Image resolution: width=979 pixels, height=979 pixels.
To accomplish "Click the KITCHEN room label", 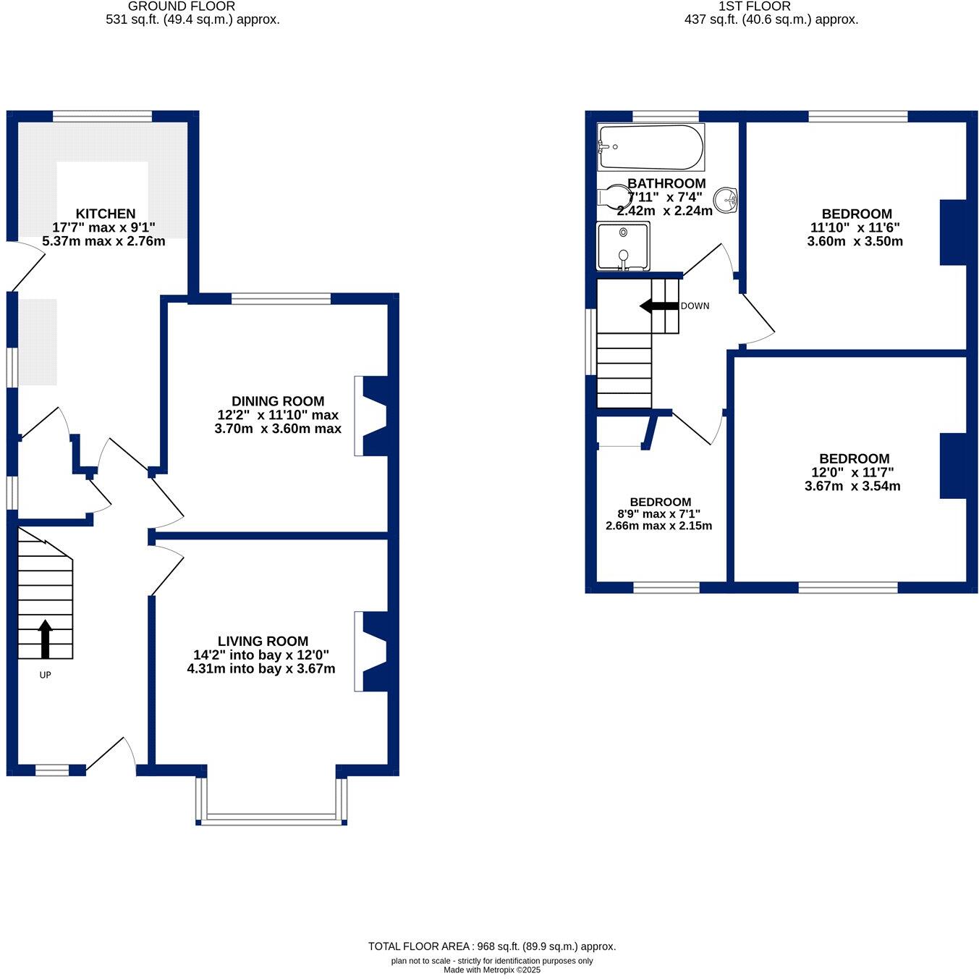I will click(106, 214).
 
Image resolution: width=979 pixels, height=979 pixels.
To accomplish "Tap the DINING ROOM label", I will click(278, 401).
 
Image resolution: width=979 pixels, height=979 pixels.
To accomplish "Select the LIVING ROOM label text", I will click(263, 641).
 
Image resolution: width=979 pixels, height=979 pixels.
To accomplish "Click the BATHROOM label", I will click(666, 183).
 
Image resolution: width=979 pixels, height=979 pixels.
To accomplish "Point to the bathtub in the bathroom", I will click(650, 147).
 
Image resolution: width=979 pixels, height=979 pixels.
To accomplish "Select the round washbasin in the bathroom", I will click(725, 198).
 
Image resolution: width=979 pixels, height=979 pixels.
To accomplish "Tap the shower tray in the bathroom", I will click(623, 246).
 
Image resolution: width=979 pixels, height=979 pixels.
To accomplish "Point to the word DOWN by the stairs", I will click(695, 306).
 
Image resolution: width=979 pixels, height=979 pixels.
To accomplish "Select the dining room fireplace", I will click(372, 416).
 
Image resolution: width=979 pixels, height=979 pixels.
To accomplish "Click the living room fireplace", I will click(372, 652).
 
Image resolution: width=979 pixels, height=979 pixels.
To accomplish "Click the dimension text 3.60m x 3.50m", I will click(855, 241).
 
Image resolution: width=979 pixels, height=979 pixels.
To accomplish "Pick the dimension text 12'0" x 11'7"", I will click(852, 472).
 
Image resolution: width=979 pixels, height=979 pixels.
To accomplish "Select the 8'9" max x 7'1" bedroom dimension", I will click(658, 513).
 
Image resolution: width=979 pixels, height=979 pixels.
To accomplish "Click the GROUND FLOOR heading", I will click(182, 6).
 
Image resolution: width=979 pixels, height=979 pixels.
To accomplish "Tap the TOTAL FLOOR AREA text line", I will click(492, 946).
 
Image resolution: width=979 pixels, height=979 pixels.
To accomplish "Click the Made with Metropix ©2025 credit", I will click(492, 970).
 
